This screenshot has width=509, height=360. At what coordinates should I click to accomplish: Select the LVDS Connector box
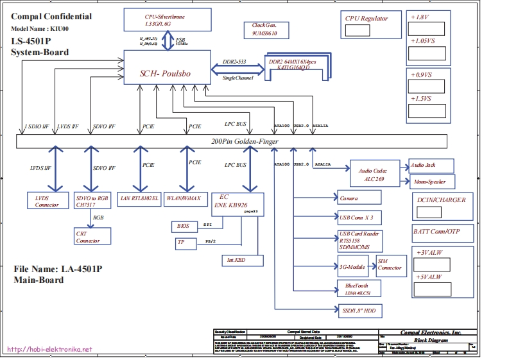click(47, 201)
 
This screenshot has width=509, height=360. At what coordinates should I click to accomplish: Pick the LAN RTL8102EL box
click(139, 198)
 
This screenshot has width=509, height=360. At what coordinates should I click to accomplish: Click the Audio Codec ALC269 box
click(373, 175)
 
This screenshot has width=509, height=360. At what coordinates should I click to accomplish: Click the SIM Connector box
click(390, 264)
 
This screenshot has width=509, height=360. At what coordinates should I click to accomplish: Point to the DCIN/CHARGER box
click(441, 205)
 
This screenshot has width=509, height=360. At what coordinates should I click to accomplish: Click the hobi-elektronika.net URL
click(50, 350)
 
